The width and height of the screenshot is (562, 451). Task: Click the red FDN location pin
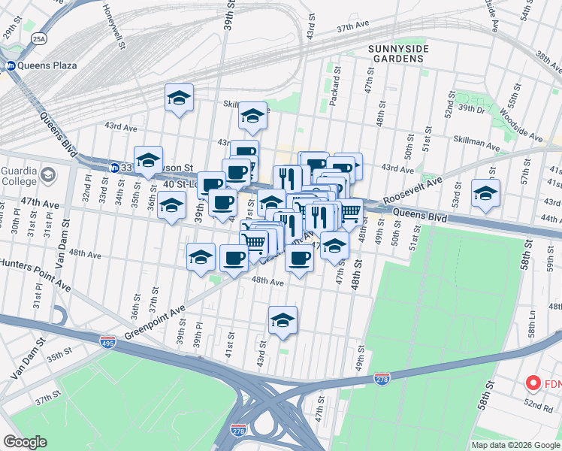534,384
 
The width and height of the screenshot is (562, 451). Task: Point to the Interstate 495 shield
108,342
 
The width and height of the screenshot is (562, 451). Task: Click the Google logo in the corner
25,442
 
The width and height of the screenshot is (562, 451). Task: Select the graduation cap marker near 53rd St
485,193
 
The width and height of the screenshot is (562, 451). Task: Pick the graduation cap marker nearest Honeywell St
179,97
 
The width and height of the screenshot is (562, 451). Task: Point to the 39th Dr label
472,109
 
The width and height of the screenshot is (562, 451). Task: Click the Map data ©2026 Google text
515,444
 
